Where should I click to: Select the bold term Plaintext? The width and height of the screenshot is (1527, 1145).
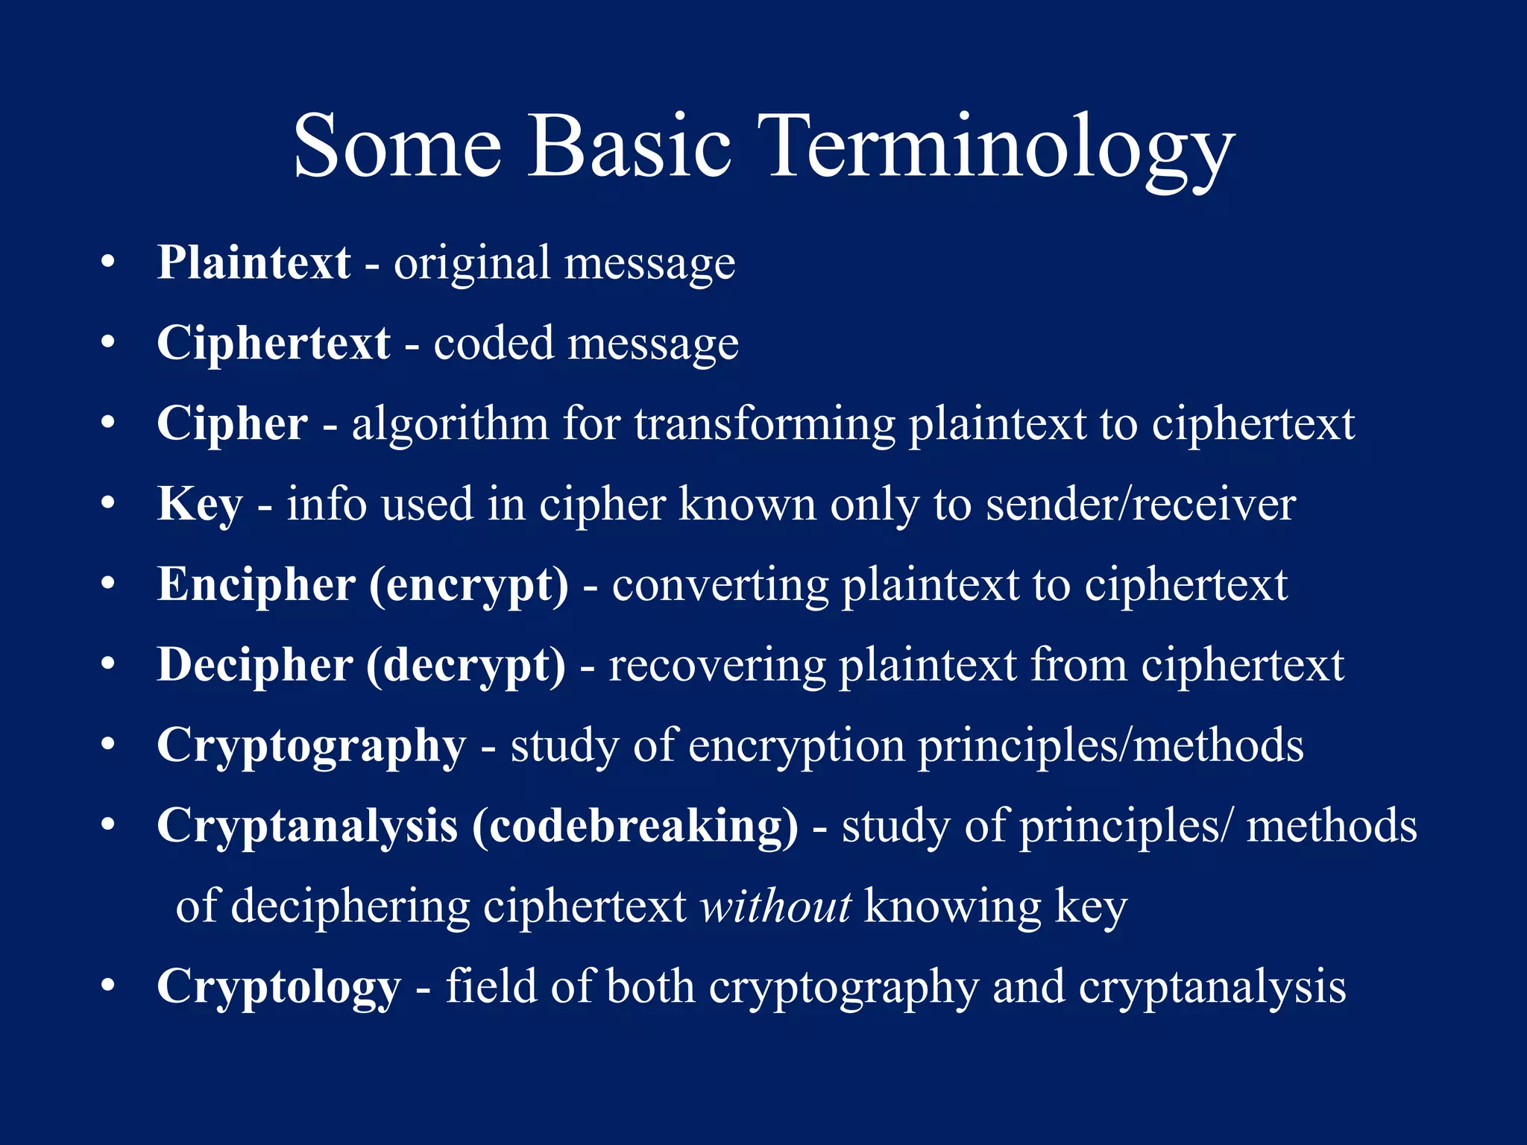coord(254,263)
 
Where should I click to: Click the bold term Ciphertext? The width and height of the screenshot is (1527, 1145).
coord(273,344)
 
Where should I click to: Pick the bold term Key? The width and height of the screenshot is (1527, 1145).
coord(200,505)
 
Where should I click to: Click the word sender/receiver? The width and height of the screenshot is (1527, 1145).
coord(1141,505)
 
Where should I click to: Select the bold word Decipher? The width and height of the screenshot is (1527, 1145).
coord(254,665)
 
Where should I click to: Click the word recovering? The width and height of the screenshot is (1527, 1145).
coord(717,665)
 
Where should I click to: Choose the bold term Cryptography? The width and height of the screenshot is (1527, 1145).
coord(311,745)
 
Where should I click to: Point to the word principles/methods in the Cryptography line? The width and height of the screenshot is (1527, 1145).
coord(1110,745)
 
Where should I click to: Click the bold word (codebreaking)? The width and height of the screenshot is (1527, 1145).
coord(635,826)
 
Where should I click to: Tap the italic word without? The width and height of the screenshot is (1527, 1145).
coord(775,906)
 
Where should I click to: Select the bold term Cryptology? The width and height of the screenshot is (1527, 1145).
coord(279,987)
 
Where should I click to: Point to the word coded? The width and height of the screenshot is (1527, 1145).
coord(493,344)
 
